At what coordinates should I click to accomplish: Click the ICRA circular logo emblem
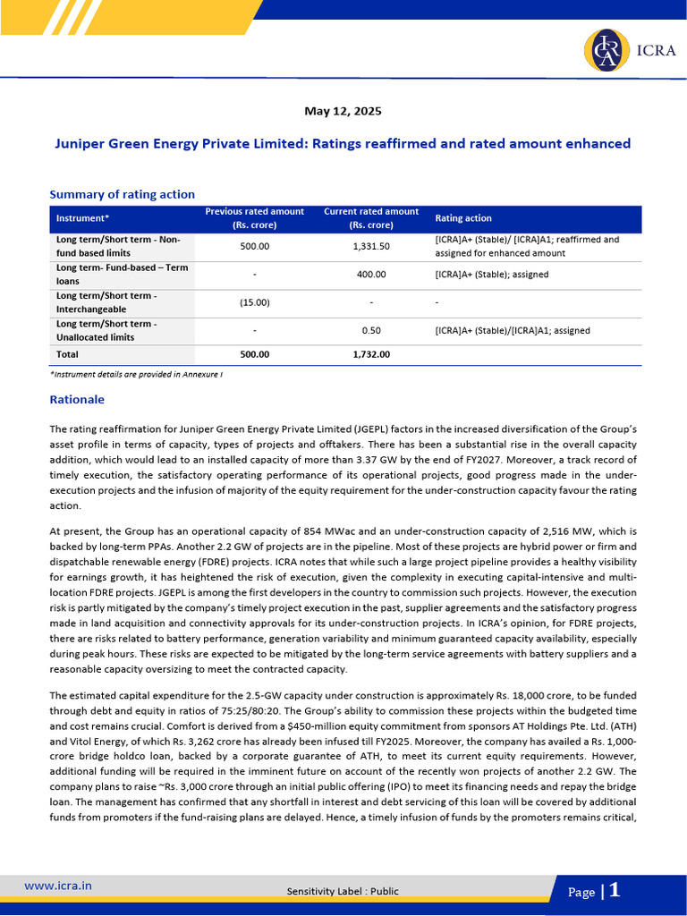coord(606,50)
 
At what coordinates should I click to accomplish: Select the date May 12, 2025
coord(343,111)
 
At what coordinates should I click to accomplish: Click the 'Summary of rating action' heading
coord(122,194)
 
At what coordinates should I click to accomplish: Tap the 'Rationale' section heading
coord(77,399)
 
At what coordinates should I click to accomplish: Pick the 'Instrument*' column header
coord(82,218)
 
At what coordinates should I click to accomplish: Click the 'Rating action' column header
coord(462,218)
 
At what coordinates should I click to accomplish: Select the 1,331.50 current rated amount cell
coord(370,246)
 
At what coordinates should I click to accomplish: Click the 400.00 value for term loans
coord(370,275)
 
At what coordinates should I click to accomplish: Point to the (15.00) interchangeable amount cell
coord(255,302)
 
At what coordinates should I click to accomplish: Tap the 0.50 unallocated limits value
coord(370,330)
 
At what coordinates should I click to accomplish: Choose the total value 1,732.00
coord(370,354)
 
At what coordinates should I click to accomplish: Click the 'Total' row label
coord(67,354)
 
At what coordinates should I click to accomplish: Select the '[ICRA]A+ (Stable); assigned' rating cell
coord(492,275)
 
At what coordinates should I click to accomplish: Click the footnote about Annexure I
coord(136,374)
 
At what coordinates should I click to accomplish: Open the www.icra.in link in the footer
coord(57,886)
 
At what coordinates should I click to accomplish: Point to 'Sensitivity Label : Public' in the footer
coord(343,891)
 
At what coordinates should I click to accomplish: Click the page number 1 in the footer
coord(615,890)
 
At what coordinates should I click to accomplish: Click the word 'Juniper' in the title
coord(79,143)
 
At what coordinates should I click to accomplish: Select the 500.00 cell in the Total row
coord(255,354)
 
